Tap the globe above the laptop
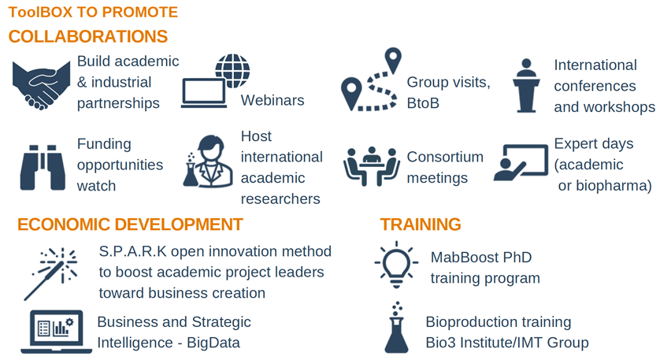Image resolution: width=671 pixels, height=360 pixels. coord(232,71)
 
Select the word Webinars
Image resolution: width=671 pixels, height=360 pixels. coord(272,100)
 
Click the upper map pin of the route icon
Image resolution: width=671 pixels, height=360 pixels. coord(393,60)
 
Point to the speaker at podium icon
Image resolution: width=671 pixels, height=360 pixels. coord(526,85)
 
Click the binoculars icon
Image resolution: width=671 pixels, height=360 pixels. coord(43,167)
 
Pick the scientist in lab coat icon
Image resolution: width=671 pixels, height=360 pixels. coord(209,161)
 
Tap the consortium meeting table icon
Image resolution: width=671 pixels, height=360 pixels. coord(372,166)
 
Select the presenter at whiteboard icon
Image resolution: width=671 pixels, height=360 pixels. coord(521,162)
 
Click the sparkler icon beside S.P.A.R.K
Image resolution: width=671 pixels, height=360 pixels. coord(50,273)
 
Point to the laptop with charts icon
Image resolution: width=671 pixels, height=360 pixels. coord(56,332)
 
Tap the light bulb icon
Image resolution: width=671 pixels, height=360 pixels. coord(396,265)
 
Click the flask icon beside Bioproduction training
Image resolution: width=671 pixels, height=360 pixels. coord(396,328)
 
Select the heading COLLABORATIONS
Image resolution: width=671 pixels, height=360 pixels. coord(88,37)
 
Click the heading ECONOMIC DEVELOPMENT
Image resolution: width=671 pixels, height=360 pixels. coord(130,225)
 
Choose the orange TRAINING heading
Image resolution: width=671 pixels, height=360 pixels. coord(421,225)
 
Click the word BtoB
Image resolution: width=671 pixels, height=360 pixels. coord(423,103)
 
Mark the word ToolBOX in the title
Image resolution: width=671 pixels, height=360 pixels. coord(41,12)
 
